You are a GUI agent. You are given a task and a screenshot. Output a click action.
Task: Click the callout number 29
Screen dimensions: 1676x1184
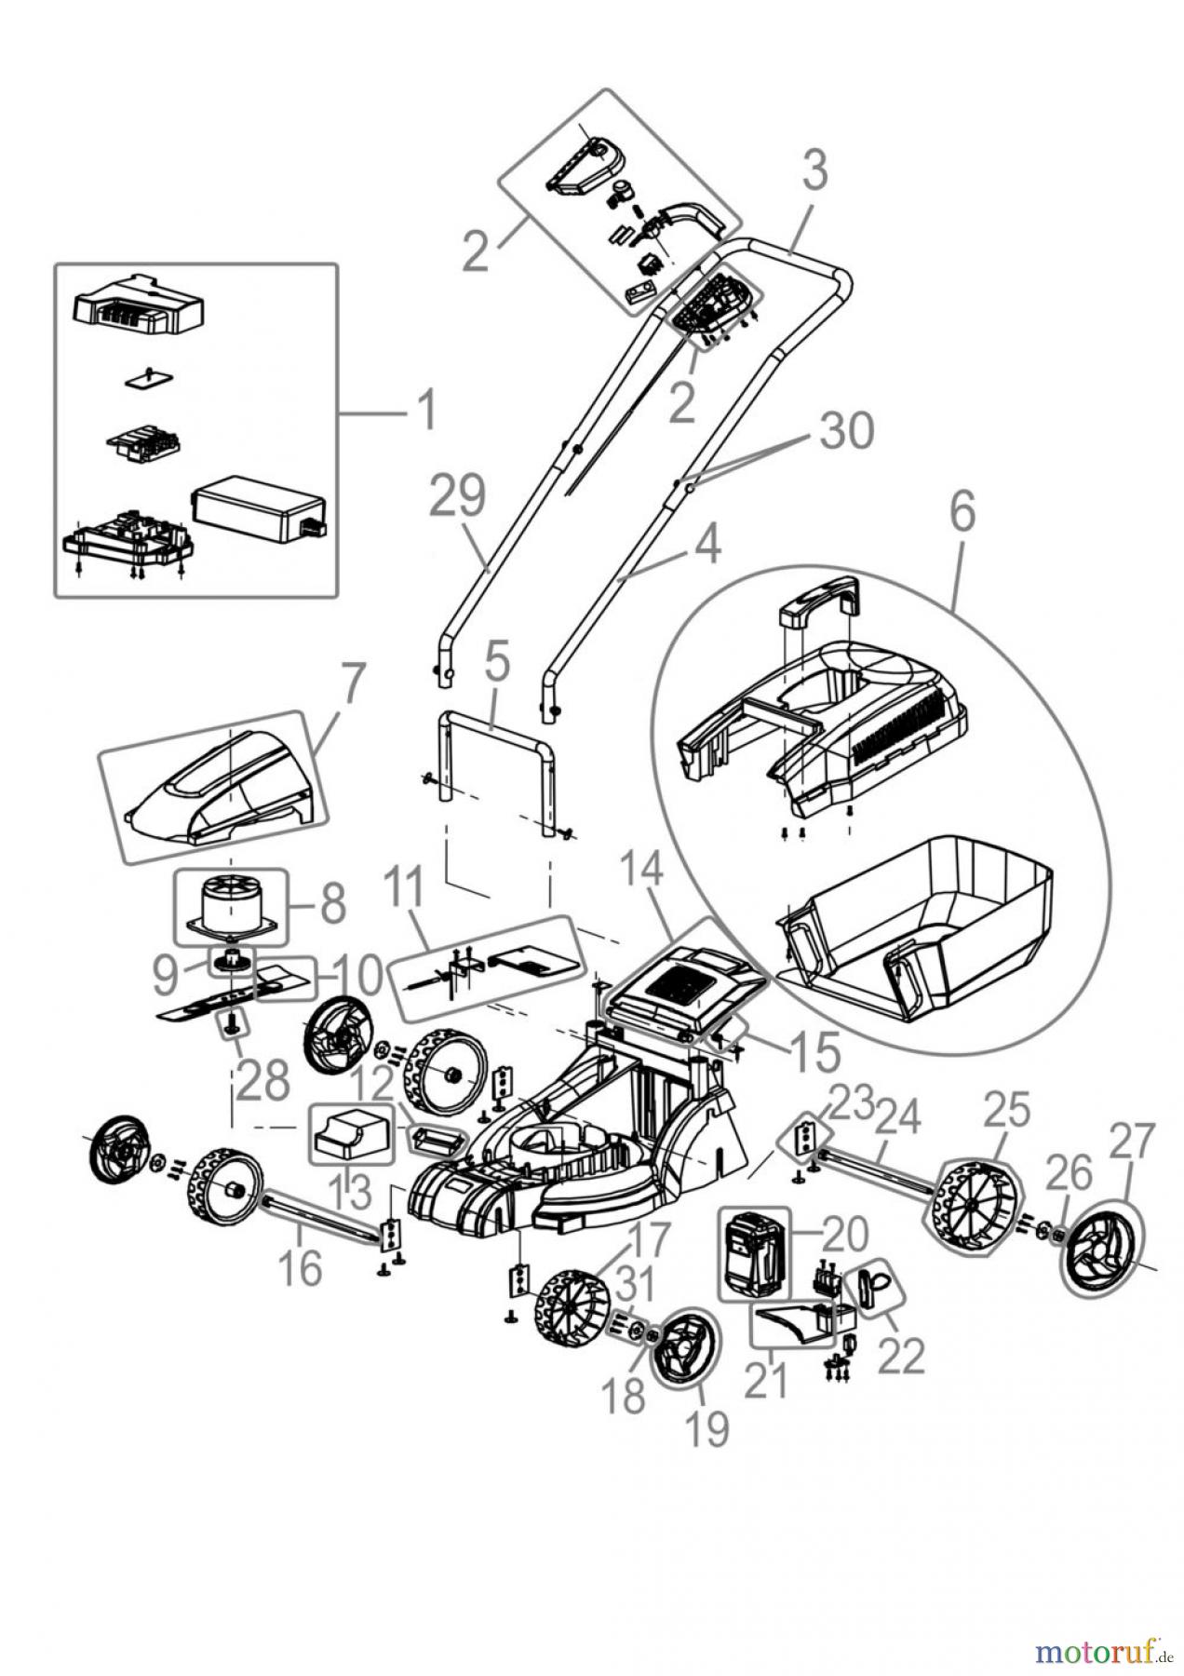[458, 497]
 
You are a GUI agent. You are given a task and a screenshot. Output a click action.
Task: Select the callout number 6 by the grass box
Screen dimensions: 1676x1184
[962, 513]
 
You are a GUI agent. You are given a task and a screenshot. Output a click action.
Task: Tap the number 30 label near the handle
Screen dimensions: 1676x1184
[847, 430]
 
